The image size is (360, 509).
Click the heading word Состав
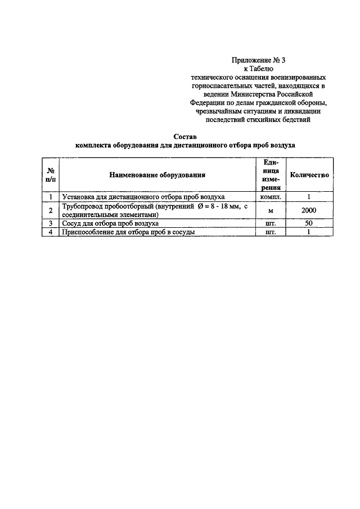point(185,136)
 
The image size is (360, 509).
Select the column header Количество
point(309,175)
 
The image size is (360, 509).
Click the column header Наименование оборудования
point(157,175)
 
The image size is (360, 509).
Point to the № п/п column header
point(51,175)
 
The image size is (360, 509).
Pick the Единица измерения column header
point(271,175)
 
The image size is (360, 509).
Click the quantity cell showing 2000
point(309,210)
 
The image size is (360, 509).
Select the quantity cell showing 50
point(309,223)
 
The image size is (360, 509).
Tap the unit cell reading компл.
point(271,197)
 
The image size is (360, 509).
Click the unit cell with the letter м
point(271,210)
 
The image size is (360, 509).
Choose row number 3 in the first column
point(51,223)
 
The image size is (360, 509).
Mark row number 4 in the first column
point(51,232)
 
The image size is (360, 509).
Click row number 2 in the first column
point(51,210)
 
